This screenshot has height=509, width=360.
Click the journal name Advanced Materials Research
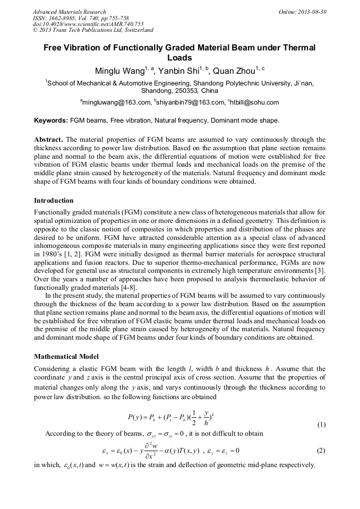point(69,12)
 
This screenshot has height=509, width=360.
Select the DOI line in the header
point(88,24)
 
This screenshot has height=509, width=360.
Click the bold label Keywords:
point(51,120)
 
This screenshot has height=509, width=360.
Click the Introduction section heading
point(54,201)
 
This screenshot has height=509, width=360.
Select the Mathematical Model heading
point(66,356)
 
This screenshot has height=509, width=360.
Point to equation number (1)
point(321,425)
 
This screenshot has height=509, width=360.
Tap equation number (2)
point(321,451)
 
